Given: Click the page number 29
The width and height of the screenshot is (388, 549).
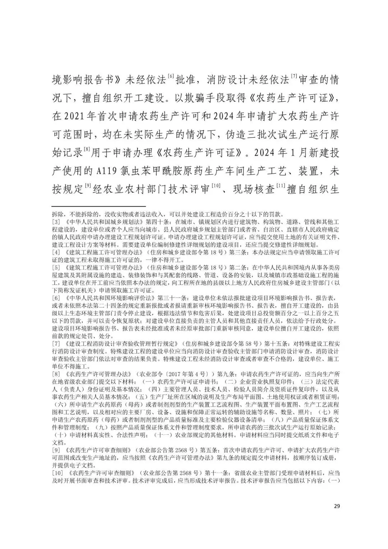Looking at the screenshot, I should pyautogui.click(x=337, y=506).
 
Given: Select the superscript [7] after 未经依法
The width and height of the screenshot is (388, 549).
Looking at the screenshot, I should pyautogui.click(x=294, y=76).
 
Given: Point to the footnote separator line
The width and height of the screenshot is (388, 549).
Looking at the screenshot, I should pyautogui.click(x=99, y=207).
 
